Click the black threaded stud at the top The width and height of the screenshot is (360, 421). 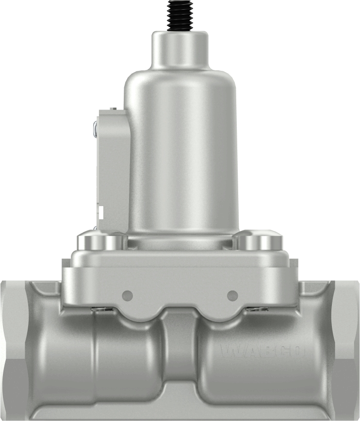click(x=180, y=16)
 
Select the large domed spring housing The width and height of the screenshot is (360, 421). click(x=180, y=150)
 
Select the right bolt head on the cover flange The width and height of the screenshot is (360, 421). click(x=258, y=241)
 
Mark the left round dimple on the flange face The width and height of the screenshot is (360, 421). click(x=128, y=294)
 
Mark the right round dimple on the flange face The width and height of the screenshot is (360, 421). click(x=232, y=294)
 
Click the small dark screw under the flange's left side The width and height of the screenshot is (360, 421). click(x=103, y=310)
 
